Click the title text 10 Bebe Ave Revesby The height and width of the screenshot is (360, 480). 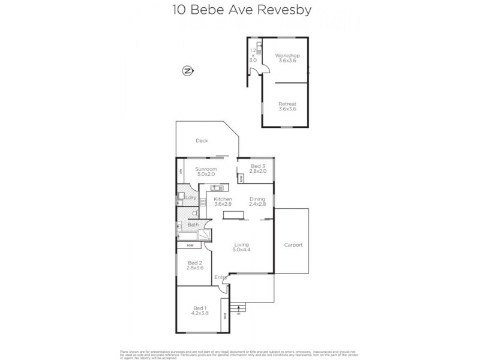click(x=239, y=10)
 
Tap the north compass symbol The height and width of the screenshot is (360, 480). click(x=188, y=71)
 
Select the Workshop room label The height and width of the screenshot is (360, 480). click(x=287, y=56)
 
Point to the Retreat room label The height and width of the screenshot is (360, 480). click(x=287, y=104)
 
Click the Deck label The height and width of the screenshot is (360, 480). click(x=202, y=141)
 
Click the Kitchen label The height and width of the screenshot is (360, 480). click(x=223, y=199)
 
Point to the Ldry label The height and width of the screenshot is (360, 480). click(x=191, y=197)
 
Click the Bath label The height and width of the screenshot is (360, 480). click(x=193, y=225)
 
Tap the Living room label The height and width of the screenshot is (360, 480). click(x=241, y=245)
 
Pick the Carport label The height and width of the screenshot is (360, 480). click(x=293, y=245)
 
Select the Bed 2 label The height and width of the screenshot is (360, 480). click(x=194, y=263)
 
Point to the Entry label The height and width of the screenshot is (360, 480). click(x=221, y=277)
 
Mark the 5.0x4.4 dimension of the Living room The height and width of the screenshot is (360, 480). click(x=241, y=250)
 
